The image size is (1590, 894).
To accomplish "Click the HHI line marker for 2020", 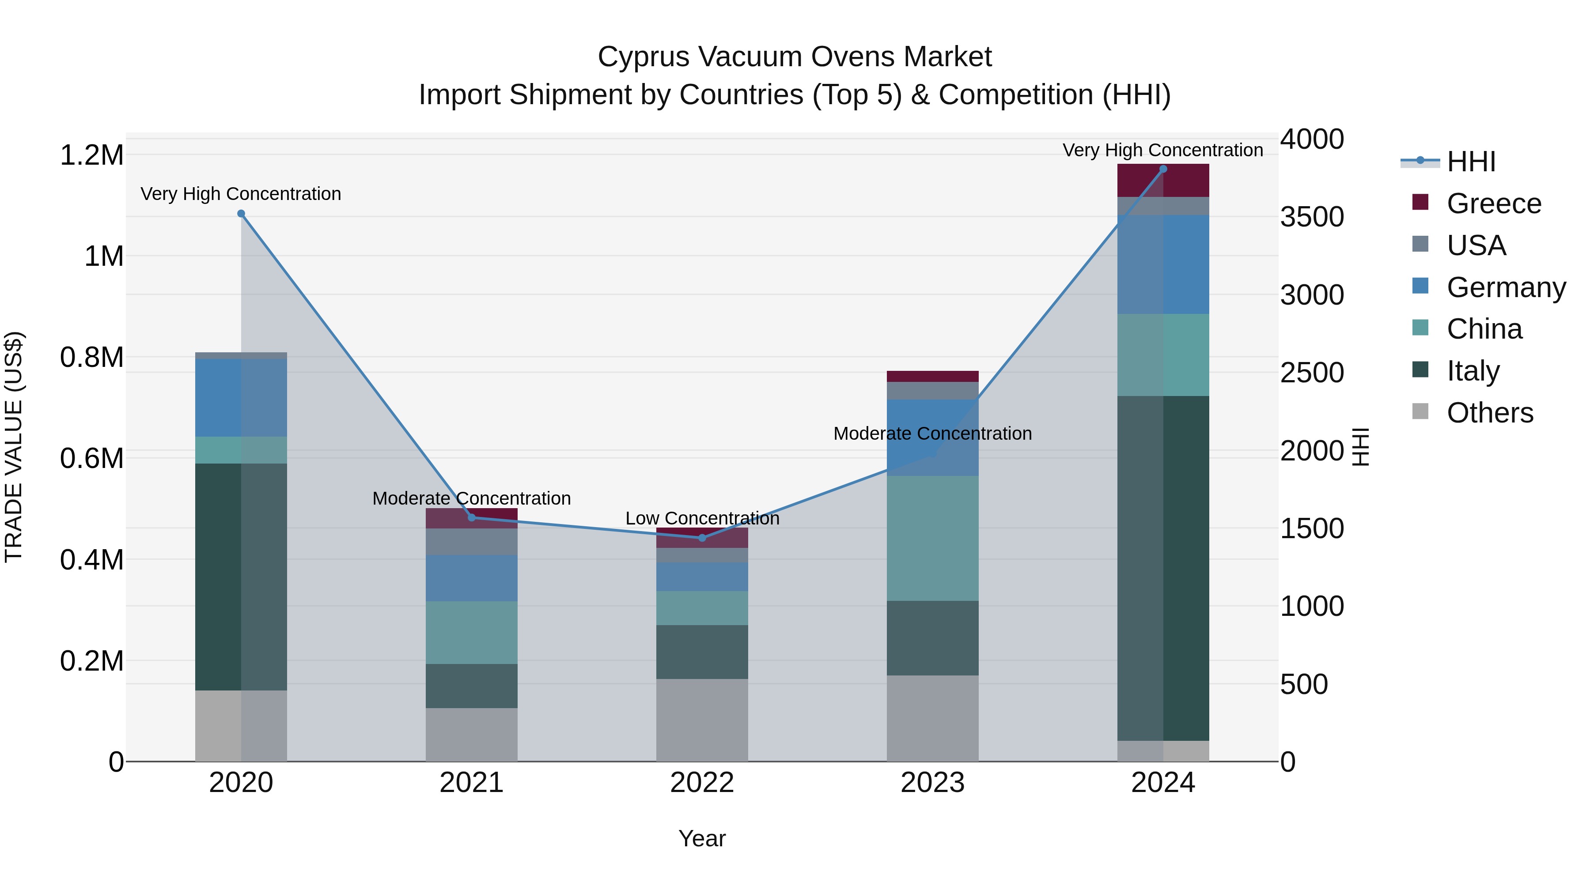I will pyautogui.click(x=241, y=214).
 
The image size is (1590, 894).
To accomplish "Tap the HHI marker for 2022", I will pyautogui.click(x=702, y=538).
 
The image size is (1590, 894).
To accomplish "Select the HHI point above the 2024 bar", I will pyautogui.click(x=1163, y=169).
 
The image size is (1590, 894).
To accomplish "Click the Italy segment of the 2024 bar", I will pyautogui.click(x=1163, y=568).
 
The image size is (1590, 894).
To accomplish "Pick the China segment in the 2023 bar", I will pyautogui.click(x=933, y=538).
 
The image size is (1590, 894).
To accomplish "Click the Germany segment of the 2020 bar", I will pyautogui.click(x=241, y=398).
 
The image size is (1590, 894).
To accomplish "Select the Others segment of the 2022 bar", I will pyautogui.click(x=702, y=720).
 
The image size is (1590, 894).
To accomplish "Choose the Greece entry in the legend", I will pyautogui.click(x=1493, y=204).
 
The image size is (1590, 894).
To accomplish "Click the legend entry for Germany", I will pyautogui.click(x=1506, y=287).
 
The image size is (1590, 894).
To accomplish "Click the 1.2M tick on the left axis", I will pyautogui.click(x=91, y=155).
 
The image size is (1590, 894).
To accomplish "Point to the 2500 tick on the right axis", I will pyautogui.click(x=1312, y=373).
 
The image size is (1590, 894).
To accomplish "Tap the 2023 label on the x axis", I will pyautogui.click(x=933, y=783).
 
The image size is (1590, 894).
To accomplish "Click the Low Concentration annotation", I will pyautogui.click(x=702, y=518).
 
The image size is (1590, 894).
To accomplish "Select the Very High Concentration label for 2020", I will pyautogui.click(x=241, y=194).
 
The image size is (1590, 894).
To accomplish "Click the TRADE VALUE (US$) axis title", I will pyautogui.click(x=14, y=447).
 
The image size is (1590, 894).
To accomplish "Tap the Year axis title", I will pyautogui.click(x=702, y=838).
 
